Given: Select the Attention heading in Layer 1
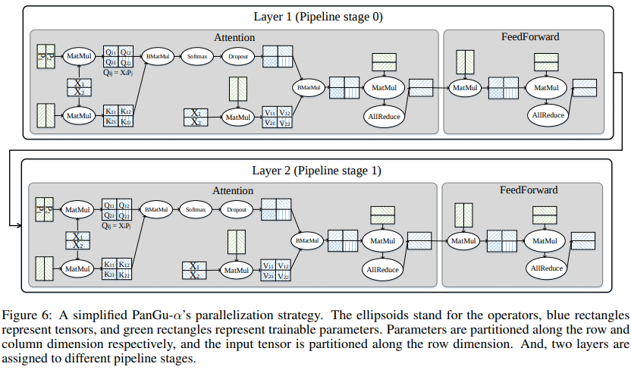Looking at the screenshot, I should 234,37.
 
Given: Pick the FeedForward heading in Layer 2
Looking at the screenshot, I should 529,190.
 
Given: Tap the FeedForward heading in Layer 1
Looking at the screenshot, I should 529,36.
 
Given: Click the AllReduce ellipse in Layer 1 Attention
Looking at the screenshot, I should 383,116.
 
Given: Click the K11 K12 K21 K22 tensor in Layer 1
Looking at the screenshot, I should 119,116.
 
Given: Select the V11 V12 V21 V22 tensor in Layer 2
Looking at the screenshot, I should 276,269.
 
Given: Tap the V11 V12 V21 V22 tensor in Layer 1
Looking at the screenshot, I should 276,117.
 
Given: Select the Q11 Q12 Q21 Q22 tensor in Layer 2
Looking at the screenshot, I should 119,209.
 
